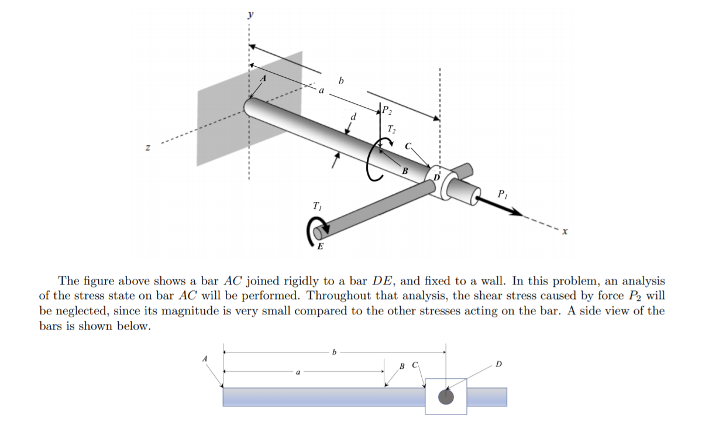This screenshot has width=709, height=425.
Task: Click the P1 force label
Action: [x=503, y=193]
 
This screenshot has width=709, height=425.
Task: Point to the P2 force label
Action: [x=388, y=109]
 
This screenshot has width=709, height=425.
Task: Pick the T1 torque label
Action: [x=317, y=207]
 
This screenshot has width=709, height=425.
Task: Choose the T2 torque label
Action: [x=391, y=129]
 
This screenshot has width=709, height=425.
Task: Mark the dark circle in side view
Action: [x=446, y=396]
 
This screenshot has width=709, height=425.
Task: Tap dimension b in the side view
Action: [x=334, y=352]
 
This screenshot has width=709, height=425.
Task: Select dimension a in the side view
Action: [x=298, y=371]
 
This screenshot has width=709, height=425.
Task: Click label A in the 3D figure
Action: [x=263, y=79]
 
